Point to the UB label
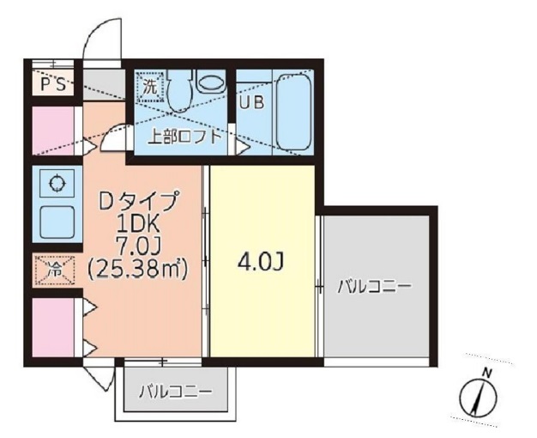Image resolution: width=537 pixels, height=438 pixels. coord(251,103)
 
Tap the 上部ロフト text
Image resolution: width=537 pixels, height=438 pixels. coord(184,135)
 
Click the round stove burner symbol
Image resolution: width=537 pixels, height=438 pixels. coord(57,183)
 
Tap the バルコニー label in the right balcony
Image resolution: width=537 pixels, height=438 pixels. coord(373,287)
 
